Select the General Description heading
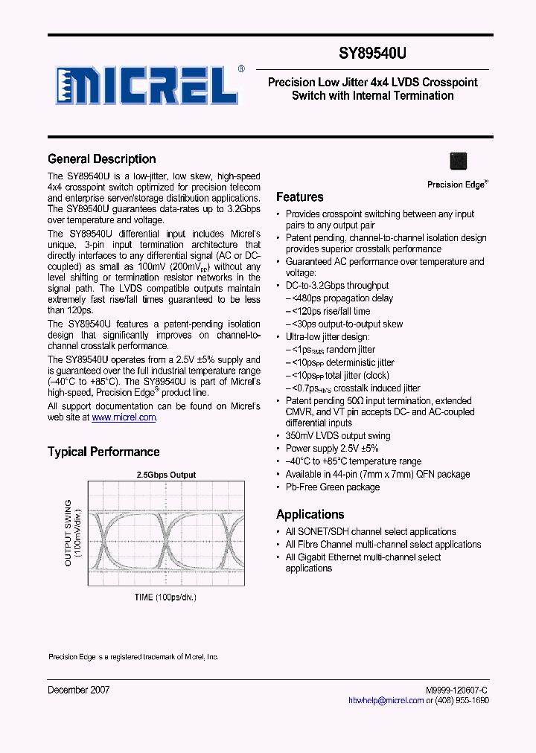(102, 158)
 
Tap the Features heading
(299, 197)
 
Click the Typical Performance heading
(103, 452)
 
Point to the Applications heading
(310, 514)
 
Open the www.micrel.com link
(124, 418)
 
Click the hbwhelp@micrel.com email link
(386, 701)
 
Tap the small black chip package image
(459, 161)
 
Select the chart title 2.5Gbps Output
(166, 475)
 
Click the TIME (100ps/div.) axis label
(165, 597)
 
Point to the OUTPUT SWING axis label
(68, 533)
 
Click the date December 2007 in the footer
(79, 690)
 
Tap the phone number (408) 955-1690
(463, 701)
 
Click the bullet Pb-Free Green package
(332, 487)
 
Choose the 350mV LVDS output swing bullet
(337, 436)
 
